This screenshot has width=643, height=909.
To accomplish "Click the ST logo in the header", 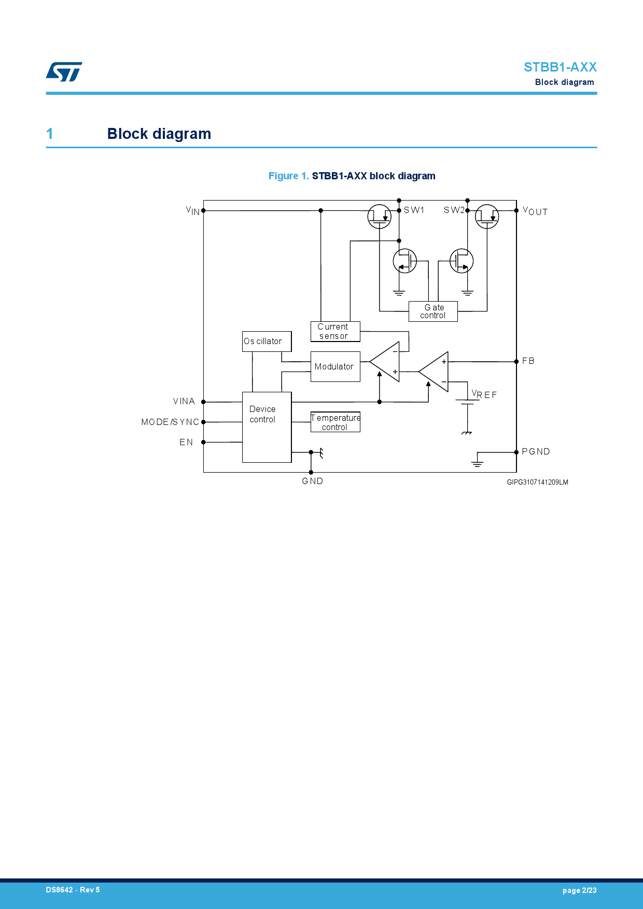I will [x=64, y=72].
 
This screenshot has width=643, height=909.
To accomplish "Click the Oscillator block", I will [x=267, y=342].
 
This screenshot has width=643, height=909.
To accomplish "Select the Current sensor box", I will [x=335, y=332].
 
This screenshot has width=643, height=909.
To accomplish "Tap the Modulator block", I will [x=335, y=367].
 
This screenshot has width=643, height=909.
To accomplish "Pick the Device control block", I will [x=267, y=427].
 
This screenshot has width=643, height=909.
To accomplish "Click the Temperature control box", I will [x=335, y=422].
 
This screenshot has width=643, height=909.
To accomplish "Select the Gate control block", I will [x=433, y=311].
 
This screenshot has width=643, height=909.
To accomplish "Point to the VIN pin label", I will [x=193, y=210].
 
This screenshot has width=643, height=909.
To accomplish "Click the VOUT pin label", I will [x=535, y=211].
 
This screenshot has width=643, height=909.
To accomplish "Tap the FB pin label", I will [x=528, y=361].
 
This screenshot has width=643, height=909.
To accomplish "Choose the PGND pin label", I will [x=536, y=452].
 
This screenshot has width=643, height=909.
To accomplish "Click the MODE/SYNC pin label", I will [x=170, y=422].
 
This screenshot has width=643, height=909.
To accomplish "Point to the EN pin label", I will [x=186, y=443].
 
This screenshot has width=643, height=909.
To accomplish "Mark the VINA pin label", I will [x=184, y=402].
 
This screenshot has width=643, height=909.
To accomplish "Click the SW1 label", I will [x=414, y=210].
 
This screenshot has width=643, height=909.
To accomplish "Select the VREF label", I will [x=484, y=395].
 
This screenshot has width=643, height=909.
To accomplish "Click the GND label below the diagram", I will [x=313, y=481].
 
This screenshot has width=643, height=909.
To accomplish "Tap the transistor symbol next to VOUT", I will [x=487, y=216].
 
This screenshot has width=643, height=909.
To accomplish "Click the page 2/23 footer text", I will [x=579, y=890].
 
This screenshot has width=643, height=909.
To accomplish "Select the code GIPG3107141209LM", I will [x=537, y=482].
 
